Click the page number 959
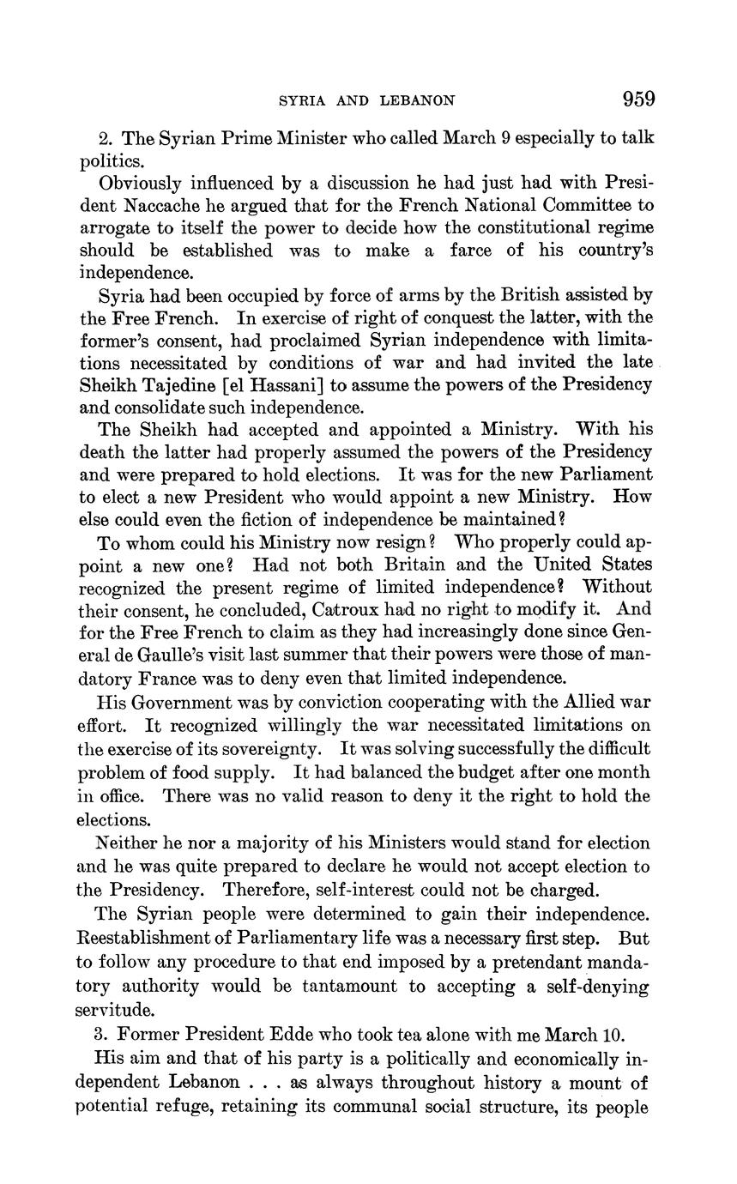[x=638, y=100]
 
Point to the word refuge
[x=185, y=1107]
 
